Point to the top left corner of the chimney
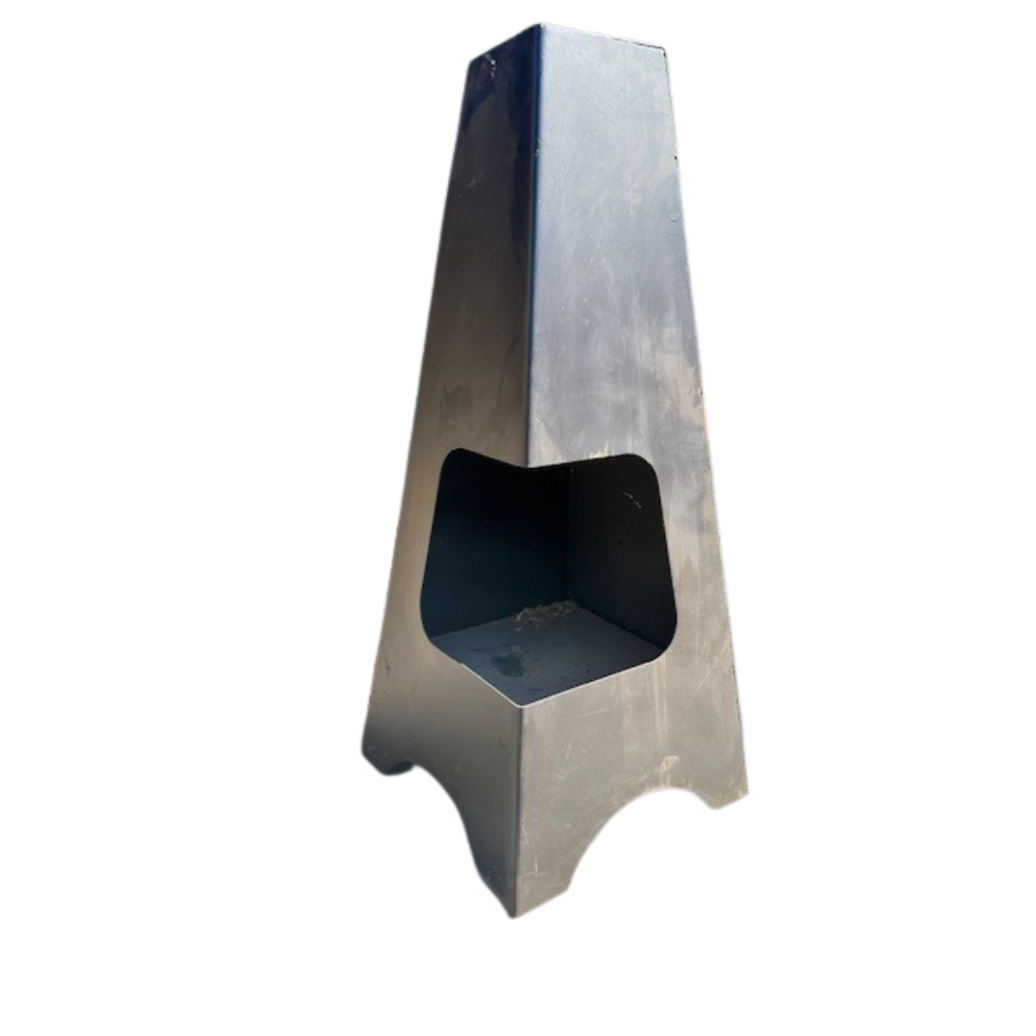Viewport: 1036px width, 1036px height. [470, 59]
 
